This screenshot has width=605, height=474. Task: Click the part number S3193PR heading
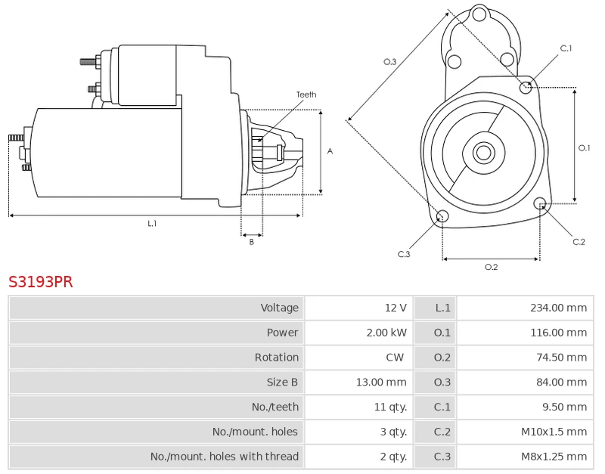(x=41, y=282)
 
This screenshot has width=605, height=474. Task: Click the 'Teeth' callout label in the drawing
(x=306, y=94)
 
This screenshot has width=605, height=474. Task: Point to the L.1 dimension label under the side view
(x=152, y=223)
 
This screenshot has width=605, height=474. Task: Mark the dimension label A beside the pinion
(x=330, y=151)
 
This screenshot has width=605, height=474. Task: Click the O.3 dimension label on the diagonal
(x=390, y=62)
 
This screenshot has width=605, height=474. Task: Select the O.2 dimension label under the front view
(x=491, y=267)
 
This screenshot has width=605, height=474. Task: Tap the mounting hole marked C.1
(x=526, y=88)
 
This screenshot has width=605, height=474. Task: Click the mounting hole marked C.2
(x=540, y=203)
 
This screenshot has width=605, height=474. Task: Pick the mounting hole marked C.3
(x=443, y=218)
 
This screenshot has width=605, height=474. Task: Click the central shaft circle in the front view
(x=483, y=153)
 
